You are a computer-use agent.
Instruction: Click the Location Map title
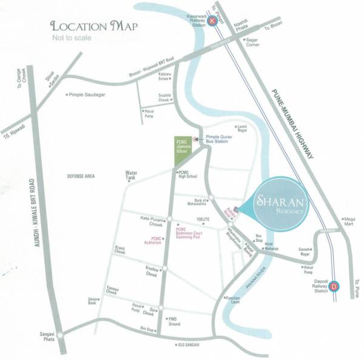[x=94, y=26]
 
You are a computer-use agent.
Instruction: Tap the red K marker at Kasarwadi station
[x=212, y=21]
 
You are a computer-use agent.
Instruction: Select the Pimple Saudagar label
[x=88, y=95]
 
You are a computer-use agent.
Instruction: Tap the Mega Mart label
[x=348, y=221]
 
